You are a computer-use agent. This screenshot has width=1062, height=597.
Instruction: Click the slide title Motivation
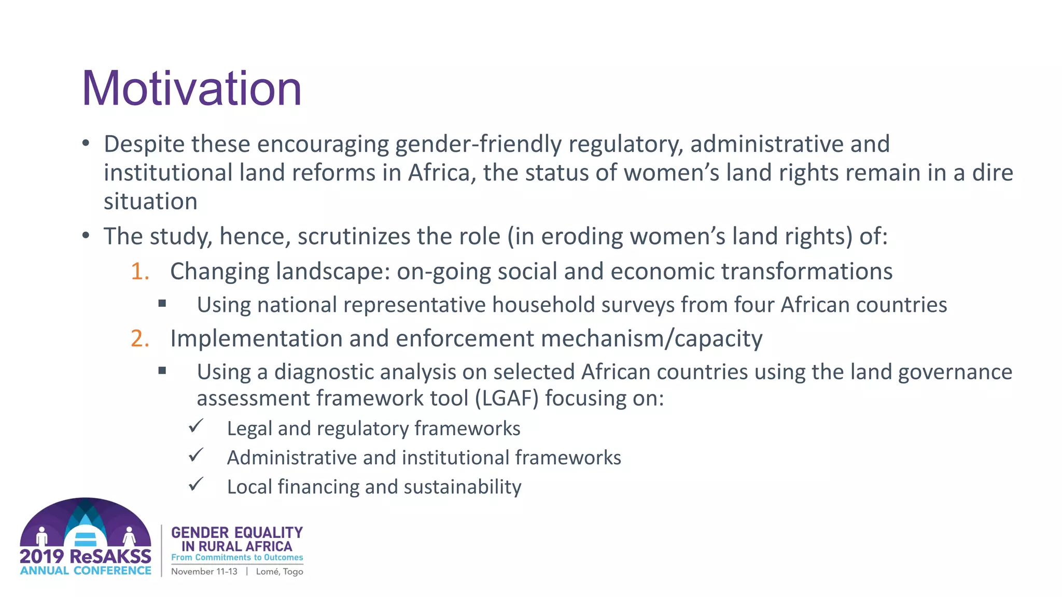pos(191,89)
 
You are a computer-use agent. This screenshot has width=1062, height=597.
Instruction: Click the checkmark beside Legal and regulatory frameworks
pos(196,427)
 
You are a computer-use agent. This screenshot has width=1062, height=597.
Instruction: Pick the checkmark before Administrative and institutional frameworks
pos(196,456)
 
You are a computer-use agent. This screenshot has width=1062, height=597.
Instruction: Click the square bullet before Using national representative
pos(162,304)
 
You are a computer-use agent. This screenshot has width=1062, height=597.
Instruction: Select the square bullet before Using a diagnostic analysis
pos(162,371)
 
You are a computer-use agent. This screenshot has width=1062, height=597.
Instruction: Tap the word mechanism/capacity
pos(652,339)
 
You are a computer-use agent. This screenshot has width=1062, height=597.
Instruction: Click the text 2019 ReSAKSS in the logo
pos(86,557)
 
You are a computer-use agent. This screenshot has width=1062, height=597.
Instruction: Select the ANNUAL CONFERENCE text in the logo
pos(86,571)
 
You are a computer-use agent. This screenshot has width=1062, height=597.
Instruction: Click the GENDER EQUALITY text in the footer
pos(237,533)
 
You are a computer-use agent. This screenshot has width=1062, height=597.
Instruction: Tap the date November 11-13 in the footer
pos(204,572)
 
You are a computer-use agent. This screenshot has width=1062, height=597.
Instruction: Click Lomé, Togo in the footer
pos(280,572)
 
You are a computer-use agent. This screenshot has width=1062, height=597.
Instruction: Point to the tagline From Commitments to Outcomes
pos(237,558)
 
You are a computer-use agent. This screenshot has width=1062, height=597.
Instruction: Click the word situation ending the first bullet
pos(150,202)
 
